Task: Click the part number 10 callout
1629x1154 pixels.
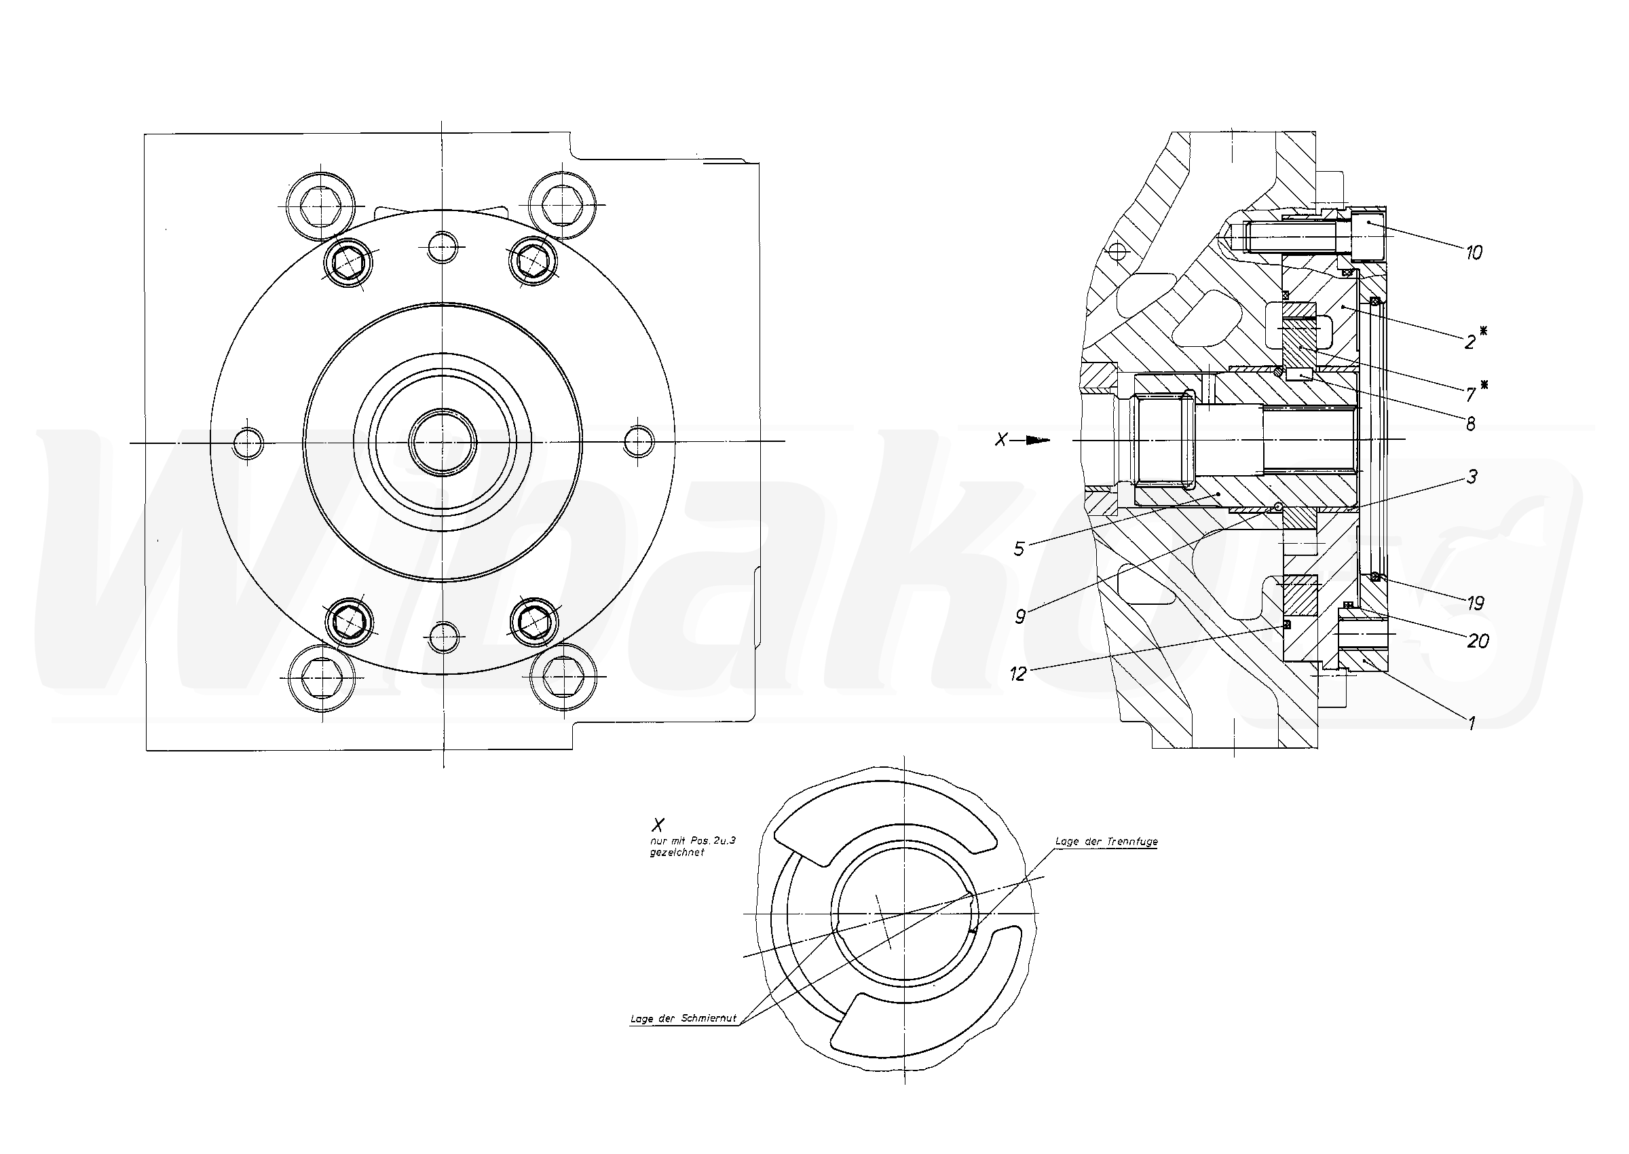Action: [x=1474, y=253]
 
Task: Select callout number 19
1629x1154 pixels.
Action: [x=1476, y=604]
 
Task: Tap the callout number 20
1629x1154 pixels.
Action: [x=1478, y=641]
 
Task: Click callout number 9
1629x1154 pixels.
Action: [x=1020, y=616]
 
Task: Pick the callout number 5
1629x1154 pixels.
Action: [x=1019, y=549]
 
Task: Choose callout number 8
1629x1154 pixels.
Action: [x=1471, y=424]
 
